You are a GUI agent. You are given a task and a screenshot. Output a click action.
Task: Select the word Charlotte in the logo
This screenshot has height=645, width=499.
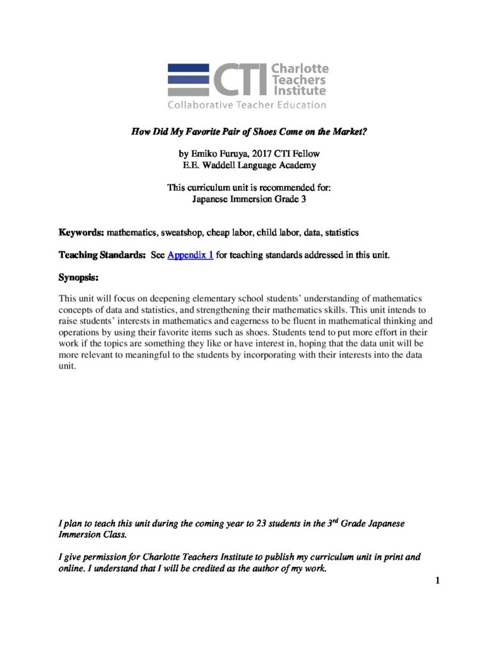299,69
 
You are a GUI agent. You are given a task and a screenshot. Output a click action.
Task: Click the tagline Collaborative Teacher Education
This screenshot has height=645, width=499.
247,105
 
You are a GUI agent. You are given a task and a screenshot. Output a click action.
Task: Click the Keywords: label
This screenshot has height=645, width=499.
81,232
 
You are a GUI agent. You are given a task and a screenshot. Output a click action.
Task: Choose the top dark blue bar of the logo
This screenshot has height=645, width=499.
188,67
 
